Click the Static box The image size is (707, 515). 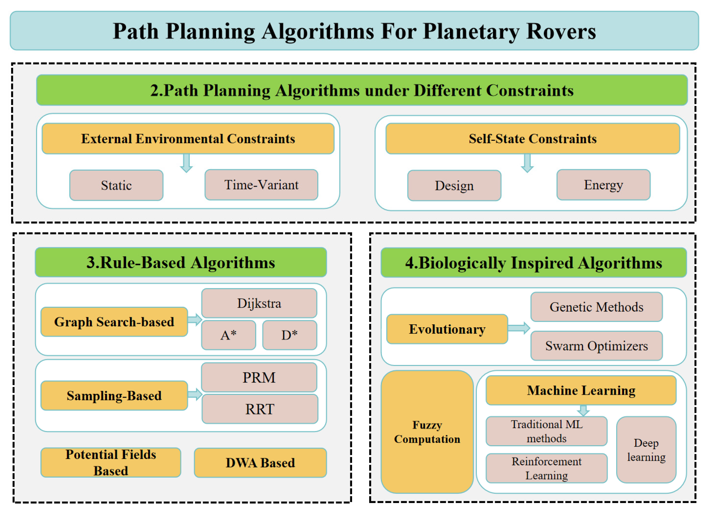(116, 185)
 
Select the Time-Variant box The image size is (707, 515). (261, 185)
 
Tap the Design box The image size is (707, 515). (454, 185)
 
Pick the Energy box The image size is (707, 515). (603, 185)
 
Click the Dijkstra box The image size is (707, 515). (259, 303)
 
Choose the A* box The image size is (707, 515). (229, 335)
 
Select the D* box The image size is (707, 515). (290, 335)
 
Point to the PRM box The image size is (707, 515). (259, 377)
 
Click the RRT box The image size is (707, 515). (260, 409)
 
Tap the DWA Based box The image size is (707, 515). (260, 463)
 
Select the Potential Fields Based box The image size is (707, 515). (111, 462)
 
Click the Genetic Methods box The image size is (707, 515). (596, 307)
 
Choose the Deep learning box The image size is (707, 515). (646, 450)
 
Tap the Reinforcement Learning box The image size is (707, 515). (546, 468)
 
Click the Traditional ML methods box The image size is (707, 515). (546, 431)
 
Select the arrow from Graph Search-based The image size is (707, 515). (195, 320)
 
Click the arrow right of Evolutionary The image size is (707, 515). (519, 328)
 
